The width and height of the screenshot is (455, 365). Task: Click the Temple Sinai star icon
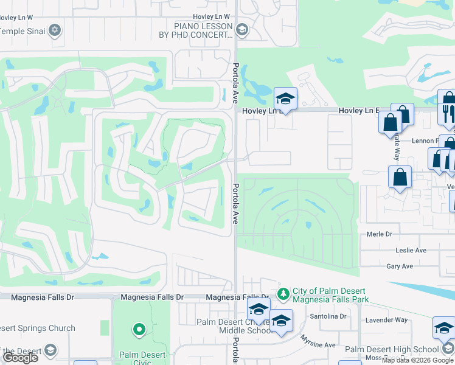(x=55, y=30)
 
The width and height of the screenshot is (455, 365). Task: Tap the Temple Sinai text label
(x=23, y=30)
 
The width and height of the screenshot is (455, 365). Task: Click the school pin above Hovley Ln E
(x=285, y=98)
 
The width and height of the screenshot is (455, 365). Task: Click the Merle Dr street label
(x=380, y=234)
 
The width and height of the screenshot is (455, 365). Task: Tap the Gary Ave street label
(x=399, y=266)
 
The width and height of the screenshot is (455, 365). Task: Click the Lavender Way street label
(x=386, y=319)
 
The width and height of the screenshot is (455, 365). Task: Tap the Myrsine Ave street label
(x=320, y=344)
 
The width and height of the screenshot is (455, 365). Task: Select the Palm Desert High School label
(x=391, y=349)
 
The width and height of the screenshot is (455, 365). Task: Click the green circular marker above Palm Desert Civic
(x=139, y=330)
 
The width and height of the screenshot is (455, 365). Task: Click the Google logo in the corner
(x=21, y=358)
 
